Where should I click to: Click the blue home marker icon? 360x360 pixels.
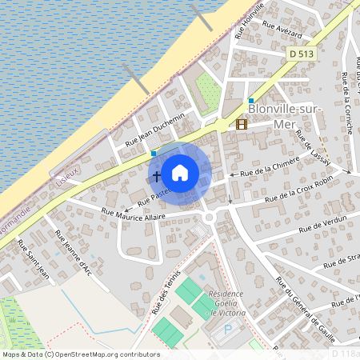coord(180,173)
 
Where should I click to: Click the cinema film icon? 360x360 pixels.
coord(242,124)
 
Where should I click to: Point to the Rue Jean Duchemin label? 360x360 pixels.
coord(155,131)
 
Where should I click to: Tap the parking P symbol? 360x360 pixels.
coord(228,328)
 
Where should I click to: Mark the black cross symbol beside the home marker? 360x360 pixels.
coord(156,174)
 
